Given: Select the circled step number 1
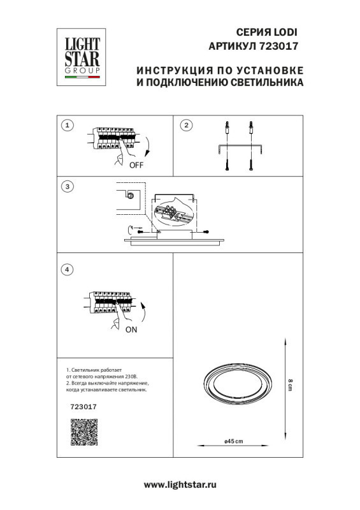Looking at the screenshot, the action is [69, 125].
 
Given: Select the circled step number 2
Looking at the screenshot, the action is [186, 125].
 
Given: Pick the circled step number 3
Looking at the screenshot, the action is [69, 187].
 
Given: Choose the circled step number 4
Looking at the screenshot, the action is [69, 270].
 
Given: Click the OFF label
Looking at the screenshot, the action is [136, 164].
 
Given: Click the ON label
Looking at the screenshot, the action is [131, 330].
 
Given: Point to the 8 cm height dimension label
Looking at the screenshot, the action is [291, 386].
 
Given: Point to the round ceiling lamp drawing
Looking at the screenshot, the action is [235, 386].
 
